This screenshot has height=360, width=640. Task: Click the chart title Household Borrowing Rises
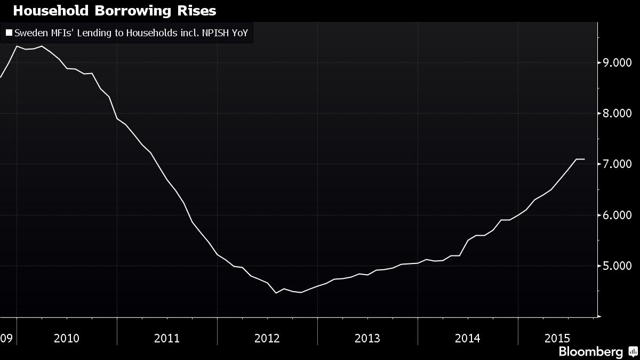pos(115,11)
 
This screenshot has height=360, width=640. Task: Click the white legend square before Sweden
pos(9,33)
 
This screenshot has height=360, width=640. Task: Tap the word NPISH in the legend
pos(213,33)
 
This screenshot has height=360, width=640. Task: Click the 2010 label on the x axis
pos(67,338)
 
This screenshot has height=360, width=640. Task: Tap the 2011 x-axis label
pos(167,338)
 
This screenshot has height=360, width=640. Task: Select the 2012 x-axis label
pos(267,338)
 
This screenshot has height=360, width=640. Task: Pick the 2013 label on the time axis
pos(367,338)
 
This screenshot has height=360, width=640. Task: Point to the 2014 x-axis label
pos(468,338)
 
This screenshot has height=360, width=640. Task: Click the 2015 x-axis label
pos(557,338)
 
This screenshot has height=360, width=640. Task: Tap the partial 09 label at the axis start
pos(6,338)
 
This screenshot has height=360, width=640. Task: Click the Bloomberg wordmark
pos(590,351)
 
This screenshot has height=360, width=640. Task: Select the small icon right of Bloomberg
pos(633,351)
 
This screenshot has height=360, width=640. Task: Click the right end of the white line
pos(585,159)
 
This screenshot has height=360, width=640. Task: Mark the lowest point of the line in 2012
pos(276,293)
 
